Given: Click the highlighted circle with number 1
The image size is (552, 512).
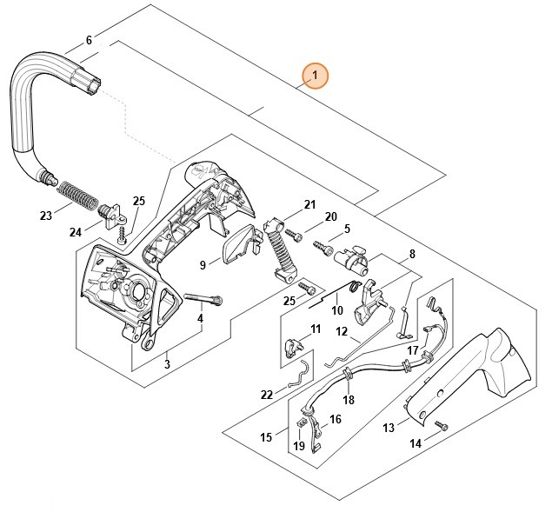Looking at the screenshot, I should (316, 76).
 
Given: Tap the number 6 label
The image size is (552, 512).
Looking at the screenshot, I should (89, 40).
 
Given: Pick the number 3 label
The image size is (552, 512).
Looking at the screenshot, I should (167, 363).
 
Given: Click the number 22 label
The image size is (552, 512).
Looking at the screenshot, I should (266, 394).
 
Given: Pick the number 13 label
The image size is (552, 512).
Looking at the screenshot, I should (389, 427).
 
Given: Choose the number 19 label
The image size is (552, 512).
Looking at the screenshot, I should (299, 446).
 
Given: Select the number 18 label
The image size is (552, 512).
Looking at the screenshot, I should (349, 400).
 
